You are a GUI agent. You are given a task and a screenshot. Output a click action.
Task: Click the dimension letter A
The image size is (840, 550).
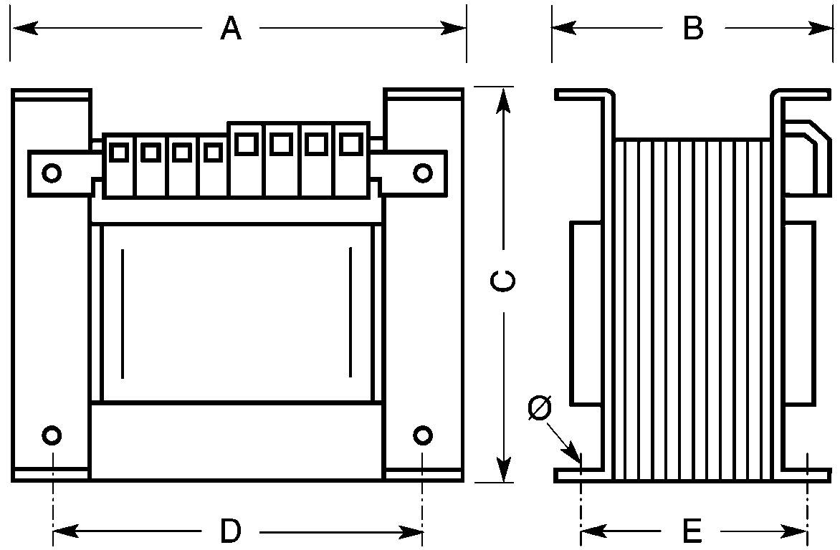coord(230,29)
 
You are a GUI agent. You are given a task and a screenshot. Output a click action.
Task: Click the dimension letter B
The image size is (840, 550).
coord(692,29)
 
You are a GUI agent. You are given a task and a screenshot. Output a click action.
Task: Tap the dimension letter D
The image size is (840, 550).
coord(230,531)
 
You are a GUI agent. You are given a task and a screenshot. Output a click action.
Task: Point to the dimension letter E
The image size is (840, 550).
coord(692,531)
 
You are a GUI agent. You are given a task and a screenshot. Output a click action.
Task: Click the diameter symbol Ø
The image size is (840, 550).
coord(539,408)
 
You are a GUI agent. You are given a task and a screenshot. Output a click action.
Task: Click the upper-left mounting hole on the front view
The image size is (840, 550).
coord(52,173)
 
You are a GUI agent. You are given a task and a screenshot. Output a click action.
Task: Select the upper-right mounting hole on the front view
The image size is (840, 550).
coord(423,173)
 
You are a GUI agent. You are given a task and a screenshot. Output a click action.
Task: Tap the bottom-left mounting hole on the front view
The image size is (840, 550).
coord(52,435)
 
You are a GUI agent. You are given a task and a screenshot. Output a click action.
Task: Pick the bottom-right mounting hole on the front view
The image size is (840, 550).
coord(423,435)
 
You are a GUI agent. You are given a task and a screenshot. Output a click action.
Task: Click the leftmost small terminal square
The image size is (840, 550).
coord(119,152)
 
